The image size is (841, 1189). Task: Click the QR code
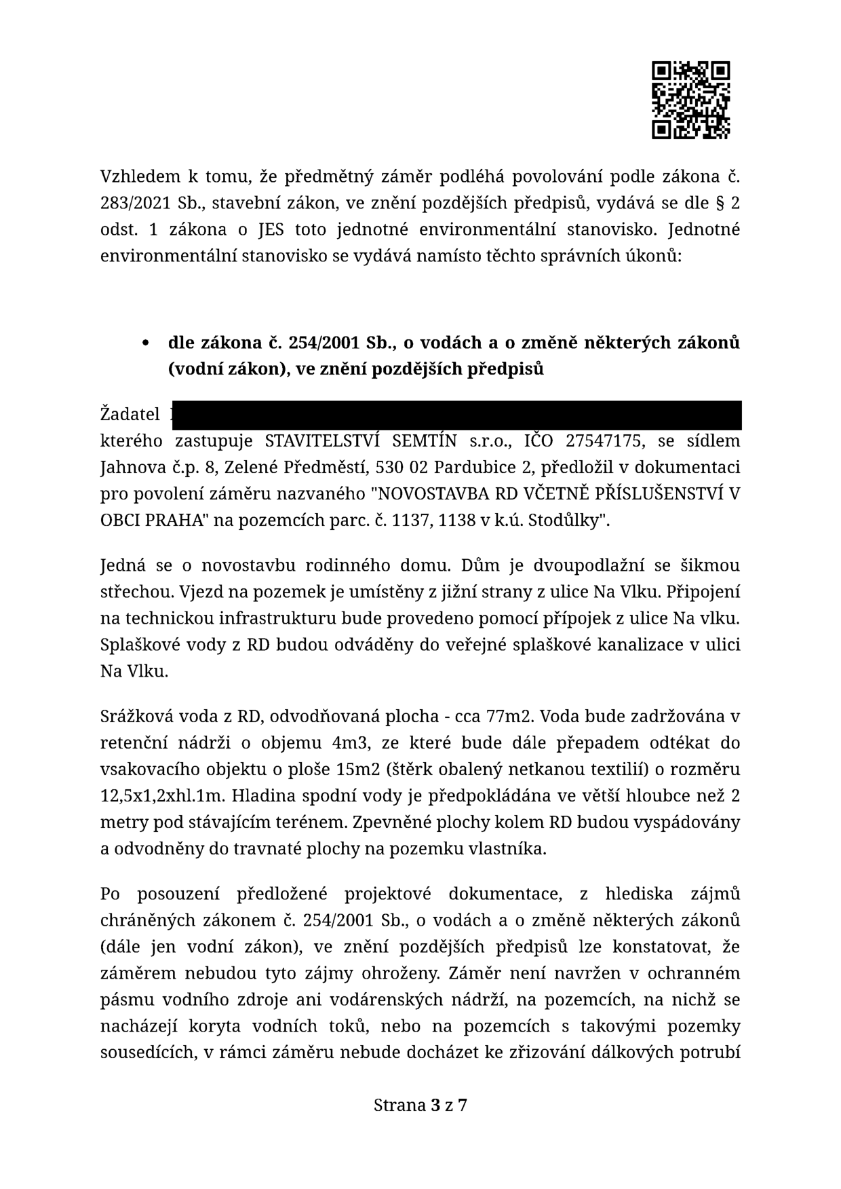[x=691, y=100]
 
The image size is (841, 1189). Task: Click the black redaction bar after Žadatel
[x=456, y=415]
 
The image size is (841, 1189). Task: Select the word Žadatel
[x=130, y=414]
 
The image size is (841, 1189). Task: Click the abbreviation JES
[x=271, y=229]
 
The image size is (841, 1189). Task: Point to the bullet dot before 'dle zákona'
[x=145, y=343]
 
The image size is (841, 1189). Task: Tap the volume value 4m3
[x=350, y=742]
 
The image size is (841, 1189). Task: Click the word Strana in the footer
[x=399, y=1106]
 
